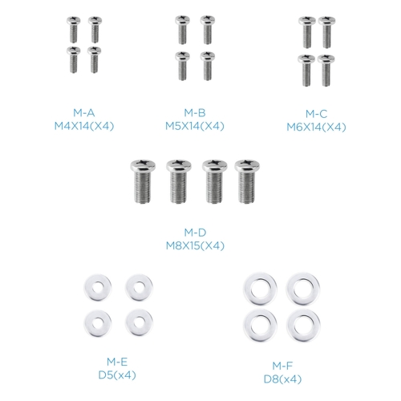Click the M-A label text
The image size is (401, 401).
point(84,113)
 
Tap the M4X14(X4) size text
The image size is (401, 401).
point(84,126)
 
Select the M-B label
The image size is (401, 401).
point(195,113)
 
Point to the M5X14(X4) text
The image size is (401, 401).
point(195,126)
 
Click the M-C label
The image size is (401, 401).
point(316,114)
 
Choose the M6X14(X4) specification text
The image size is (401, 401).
point(316,127)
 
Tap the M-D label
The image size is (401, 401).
point(195,233)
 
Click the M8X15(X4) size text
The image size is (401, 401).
point(195,245)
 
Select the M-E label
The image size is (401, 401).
point(117,362)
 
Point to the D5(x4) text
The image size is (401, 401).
point(117,375)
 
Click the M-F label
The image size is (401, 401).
point(282,366)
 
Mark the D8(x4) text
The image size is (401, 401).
point(282,379)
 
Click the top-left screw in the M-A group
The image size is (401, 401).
point(74,30)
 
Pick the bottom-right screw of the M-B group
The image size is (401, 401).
point(208,66)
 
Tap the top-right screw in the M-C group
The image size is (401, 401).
point(326,32)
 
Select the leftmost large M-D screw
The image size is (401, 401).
point(143,181)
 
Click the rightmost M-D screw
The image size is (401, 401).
point(247,181)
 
